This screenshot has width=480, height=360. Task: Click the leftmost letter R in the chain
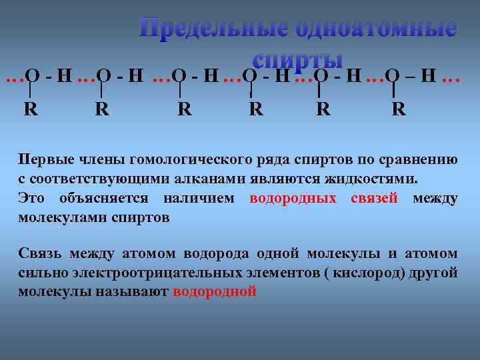tap(31, 108)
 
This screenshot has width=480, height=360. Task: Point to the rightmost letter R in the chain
tap(399, 108)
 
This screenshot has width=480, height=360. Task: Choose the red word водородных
tap(293, 198)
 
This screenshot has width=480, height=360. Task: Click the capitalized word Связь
tap(39, 254)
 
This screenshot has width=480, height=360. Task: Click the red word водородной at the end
tap(214, 291)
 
